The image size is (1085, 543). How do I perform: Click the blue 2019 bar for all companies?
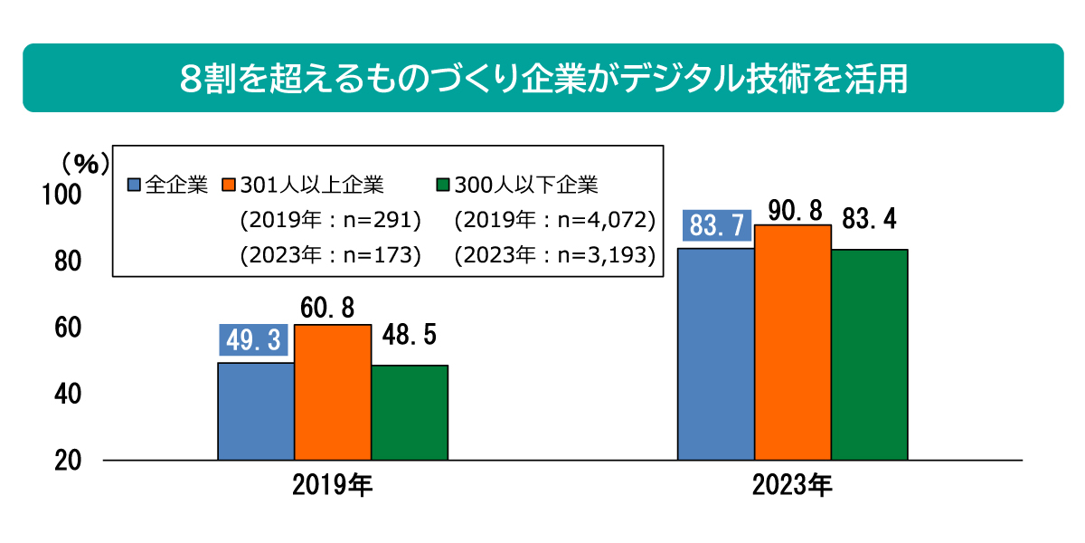coord(256,411)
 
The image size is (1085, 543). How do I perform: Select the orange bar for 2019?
coord(333,392)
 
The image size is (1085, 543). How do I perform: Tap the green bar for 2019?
coord(410,413)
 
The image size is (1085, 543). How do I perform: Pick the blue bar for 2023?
coord(716,354)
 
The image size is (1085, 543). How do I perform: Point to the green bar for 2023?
coord(870,355)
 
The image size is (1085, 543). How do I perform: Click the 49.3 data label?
coord(253,342)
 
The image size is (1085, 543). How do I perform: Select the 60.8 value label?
coord(332,308)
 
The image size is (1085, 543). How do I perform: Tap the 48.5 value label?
coord(409,337)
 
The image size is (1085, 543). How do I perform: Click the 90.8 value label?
coord(793,210)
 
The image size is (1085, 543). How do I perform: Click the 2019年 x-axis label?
coord(332,486)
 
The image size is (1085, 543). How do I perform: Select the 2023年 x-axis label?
coord(792,486)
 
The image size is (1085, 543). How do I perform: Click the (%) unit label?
coord(85,163)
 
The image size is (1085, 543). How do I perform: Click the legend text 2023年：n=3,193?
coord(554,254)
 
